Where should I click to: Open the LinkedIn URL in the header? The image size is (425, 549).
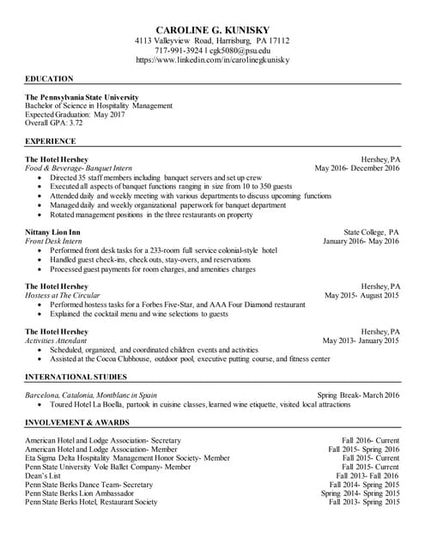[212, 60]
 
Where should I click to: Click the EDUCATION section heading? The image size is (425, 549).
[49, 78]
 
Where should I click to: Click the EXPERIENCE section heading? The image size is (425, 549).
[51, 141]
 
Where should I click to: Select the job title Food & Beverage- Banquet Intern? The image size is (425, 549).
[78, 168]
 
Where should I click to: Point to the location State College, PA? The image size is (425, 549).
[371, 232]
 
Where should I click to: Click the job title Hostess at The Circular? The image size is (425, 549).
[68, 295]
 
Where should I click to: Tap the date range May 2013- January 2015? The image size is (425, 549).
[361, 341]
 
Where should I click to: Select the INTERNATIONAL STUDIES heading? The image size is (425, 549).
[77, 377]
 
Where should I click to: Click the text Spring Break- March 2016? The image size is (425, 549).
[357, 395]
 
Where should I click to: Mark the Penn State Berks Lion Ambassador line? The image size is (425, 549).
[80, 493]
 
